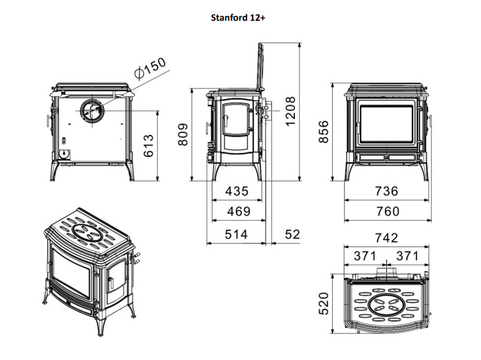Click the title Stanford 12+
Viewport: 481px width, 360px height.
[238, 18]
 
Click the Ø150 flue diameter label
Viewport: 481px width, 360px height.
[150, 69]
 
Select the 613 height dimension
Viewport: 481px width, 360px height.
[149, 145]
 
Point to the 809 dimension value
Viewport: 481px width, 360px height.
[183, 134]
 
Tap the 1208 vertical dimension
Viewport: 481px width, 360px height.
[290, 111]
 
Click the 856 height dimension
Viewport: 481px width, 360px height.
[323, 132]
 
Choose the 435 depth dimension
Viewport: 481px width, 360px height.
[237, 191]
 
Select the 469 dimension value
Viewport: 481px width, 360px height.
[239, 211]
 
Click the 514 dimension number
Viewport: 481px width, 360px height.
[236, 235]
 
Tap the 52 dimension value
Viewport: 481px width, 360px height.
[292, 235]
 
